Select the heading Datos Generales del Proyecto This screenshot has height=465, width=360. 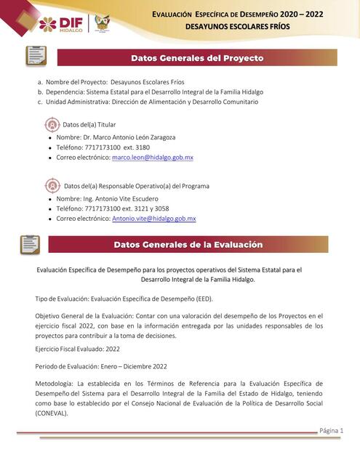[x=196, y=58]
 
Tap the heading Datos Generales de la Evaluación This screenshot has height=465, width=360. [x=188, y=245]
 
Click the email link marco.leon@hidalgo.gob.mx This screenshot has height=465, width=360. [x=153, y=157]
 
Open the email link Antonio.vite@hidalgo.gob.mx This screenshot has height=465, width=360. [x=153, y=218]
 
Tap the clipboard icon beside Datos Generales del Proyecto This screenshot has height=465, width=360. [x=36, y=57]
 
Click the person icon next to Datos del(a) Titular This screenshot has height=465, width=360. [x=53, y=124]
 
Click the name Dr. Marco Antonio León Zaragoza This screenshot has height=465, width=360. [x=128, y=137]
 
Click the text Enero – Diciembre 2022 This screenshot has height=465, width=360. [x=127, y=366]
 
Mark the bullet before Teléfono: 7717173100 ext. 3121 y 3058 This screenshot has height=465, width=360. [x=49, y=209]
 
